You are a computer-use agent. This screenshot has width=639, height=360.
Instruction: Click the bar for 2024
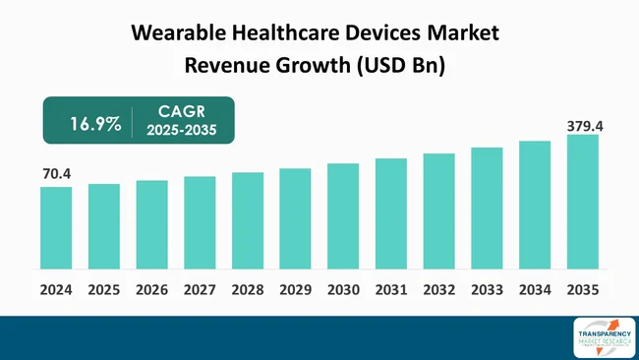pos(56,227)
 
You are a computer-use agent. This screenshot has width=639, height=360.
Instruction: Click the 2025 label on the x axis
pos(103,291)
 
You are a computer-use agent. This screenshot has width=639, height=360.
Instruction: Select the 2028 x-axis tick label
pos(247,291)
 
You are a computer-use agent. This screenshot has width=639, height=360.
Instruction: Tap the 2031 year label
pos(390,291)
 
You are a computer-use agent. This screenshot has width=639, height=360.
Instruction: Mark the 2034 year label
pos(535,291)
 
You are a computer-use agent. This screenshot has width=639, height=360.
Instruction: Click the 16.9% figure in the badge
pos(95,124)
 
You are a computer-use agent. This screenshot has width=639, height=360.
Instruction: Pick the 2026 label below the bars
pos(151,291)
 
